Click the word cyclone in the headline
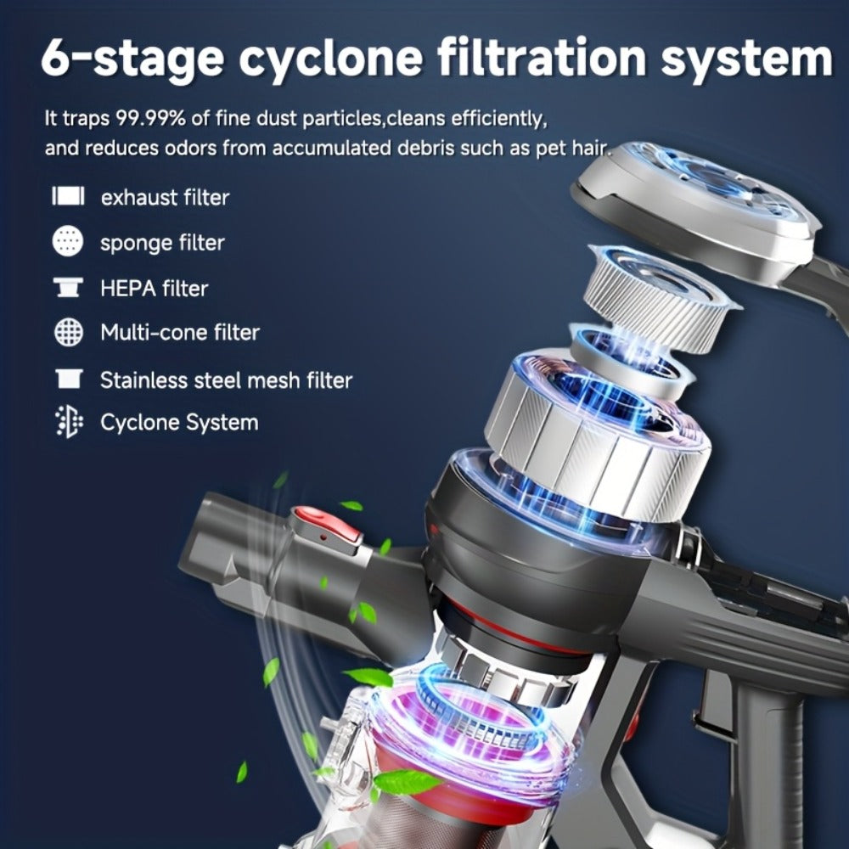pyautogui.click(x=330, y=59)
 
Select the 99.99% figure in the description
pyautogui.click(x=151, y=118)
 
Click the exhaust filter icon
pyautogui.click(x=68, y=196)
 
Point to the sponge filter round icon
pyautogui.click(x=68, y=241)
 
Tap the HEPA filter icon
pyautogui.click(x=68, y=288)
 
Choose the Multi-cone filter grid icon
pyautogui.click(x=69, y=331)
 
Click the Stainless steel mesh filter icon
pyautogui.click(x=69, y=379)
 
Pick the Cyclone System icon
pyautogui.click(x=69, y=422)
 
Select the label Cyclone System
pyautogui.click(x=179, y=423)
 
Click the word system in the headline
pyautogui.click(x=746, y=59)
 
